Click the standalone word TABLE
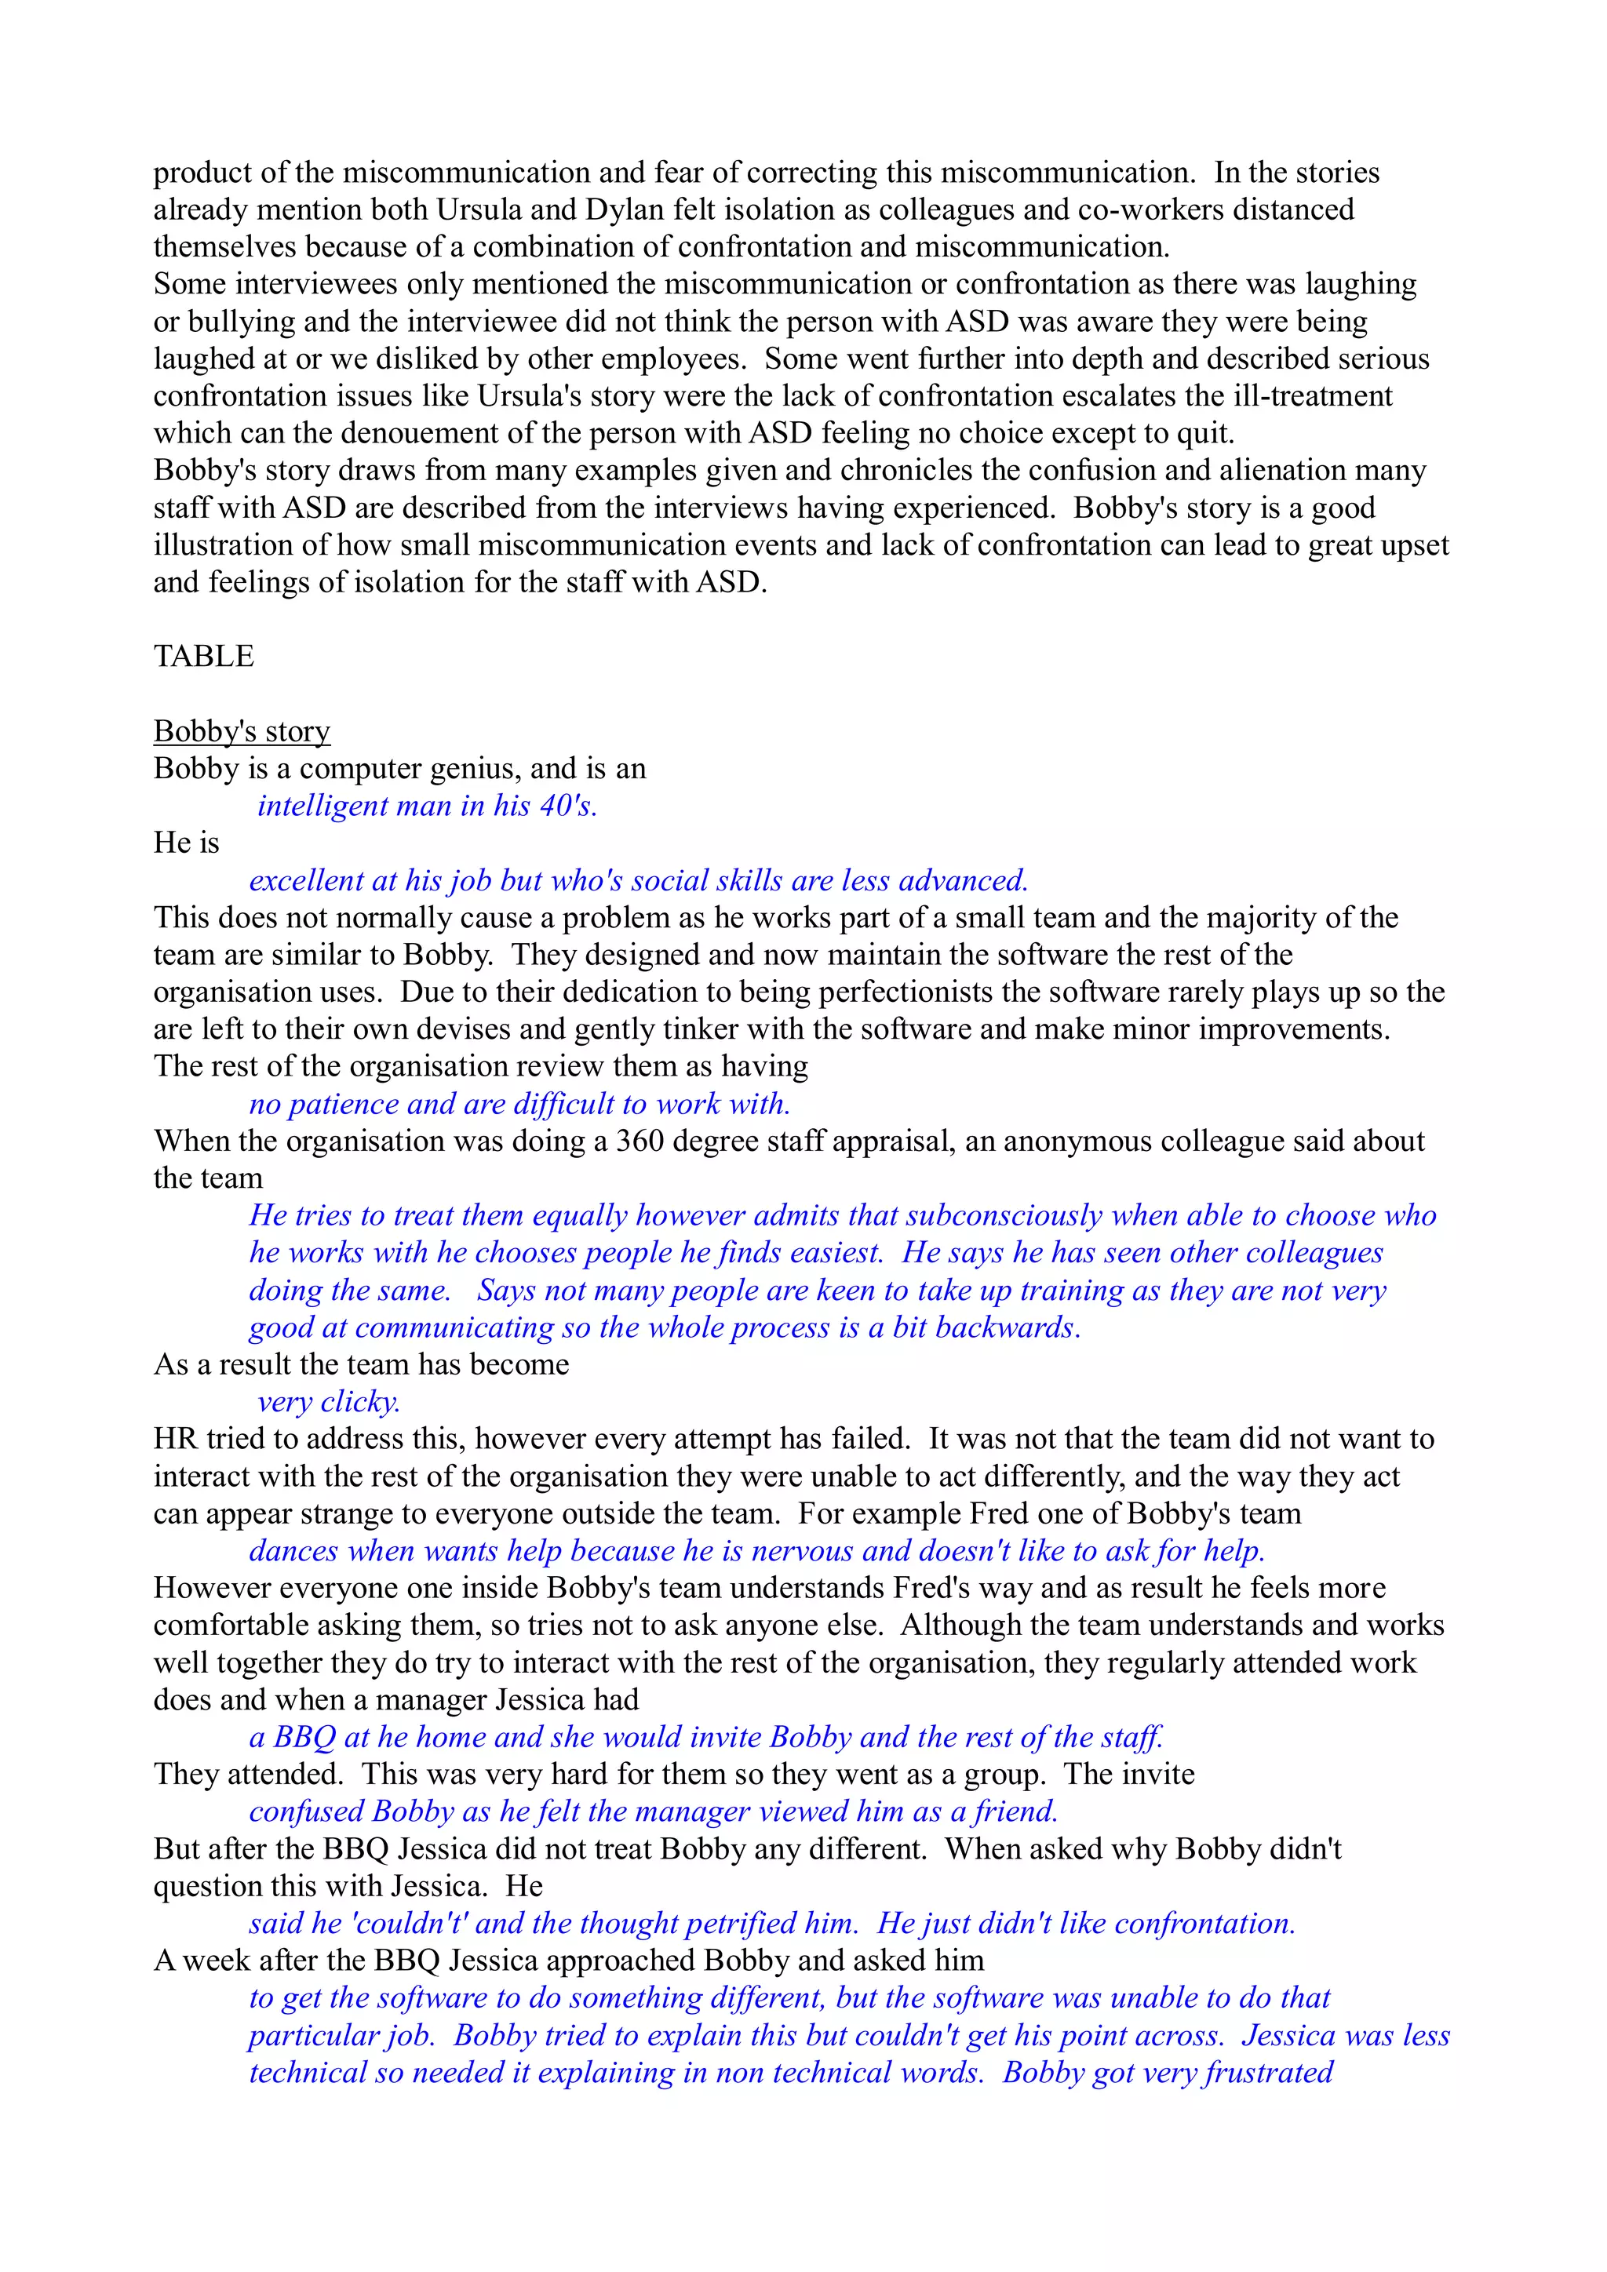[203, 656]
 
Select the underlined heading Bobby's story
[242, 731]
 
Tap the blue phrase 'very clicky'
[329, 1401]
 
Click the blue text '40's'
[568, 806]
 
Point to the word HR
[175, 1439]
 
